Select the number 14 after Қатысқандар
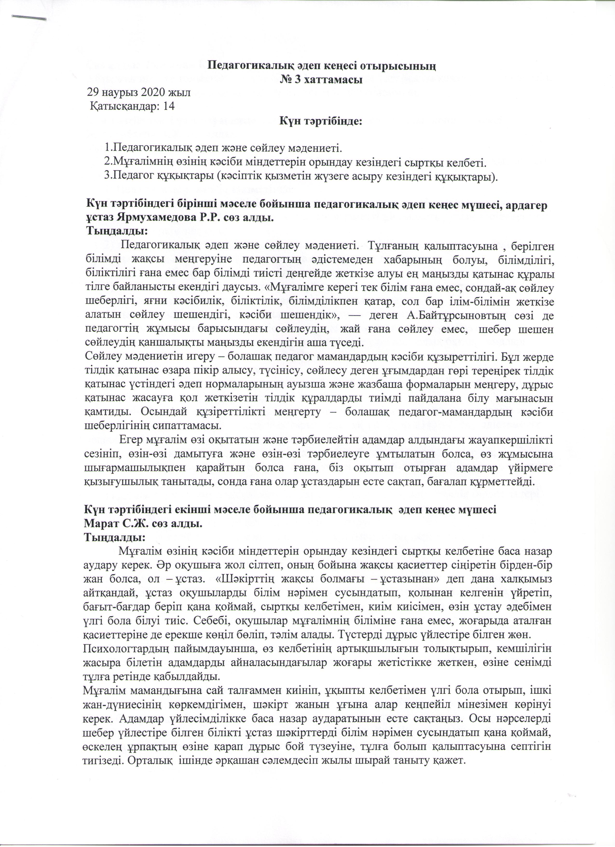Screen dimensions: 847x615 point(169,106)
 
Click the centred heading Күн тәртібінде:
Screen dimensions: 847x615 point(321,122)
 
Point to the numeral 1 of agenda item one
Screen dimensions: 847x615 point(108,148)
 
